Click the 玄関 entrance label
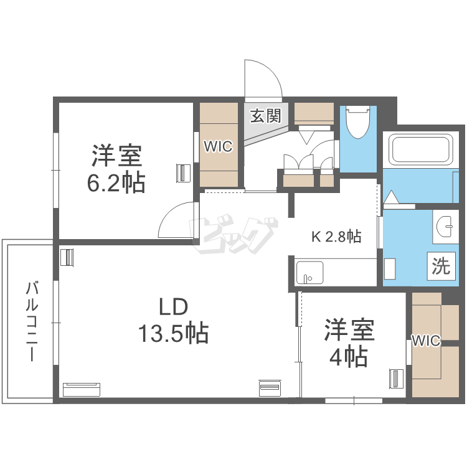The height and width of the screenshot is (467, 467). [x=266, y=115]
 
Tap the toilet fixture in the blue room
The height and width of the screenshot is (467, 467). [x=358, y=122]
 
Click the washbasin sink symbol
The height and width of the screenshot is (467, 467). [x=445, y=227]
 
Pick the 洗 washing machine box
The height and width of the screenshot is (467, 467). [x=441, y=266]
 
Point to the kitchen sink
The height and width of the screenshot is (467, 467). [x=309, y=273]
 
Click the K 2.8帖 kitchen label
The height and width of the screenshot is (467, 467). [x=336, y=237]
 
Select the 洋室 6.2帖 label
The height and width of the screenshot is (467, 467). [x=116, y=169]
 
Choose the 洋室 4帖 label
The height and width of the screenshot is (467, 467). [x=349, y=342]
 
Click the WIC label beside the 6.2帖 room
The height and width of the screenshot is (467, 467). [x=218, y=146]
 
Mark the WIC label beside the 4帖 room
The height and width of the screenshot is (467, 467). [x=426, y=341]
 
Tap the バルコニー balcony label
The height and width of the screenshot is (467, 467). [x=32, y=321]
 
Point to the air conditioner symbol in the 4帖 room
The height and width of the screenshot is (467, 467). [x=397, y=379]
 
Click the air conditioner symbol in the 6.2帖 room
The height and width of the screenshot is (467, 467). [x=183, y=172]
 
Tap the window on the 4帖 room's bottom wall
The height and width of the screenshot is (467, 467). [x=354, y=400]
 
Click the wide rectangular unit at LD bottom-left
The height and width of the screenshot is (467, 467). [x=82, y=390]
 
